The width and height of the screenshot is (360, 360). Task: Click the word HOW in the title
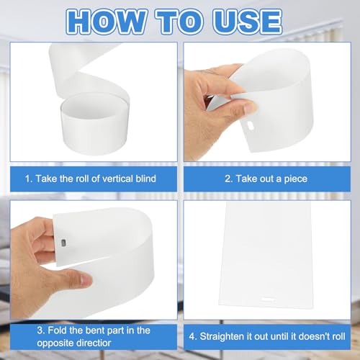(x=106, y=22)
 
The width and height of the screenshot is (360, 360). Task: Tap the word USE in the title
(x=248, y=22)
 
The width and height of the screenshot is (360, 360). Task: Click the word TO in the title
(x=179, y=22)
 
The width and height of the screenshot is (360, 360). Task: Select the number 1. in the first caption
(x=29, y=179)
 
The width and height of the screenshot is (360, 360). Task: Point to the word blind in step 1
(x=145, y=179)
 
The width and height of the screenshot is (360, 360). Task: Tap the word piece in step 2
(x=296, y=179)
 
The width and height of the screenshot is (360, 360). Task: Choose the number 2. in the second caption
(x=228, y=179)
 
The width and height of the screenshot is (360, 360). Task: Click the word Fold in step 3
(x=57, y=330)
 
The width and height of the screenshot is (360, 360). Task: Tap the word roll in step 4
(x=339, y=336)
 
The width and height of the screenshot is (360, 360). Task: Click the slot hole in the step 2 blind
(x=250, y=125)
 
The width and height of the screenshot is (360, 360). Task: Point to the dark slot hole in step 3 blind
(x=63, y=243)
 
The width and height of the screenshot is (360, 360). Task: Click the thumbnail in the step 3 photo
(x=85, y=279)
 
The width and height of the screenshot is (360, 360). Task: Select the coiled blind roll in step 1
(x=91, y=101)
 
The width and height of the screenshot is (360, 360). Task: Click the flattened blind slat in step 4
(x=266, y=255)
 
